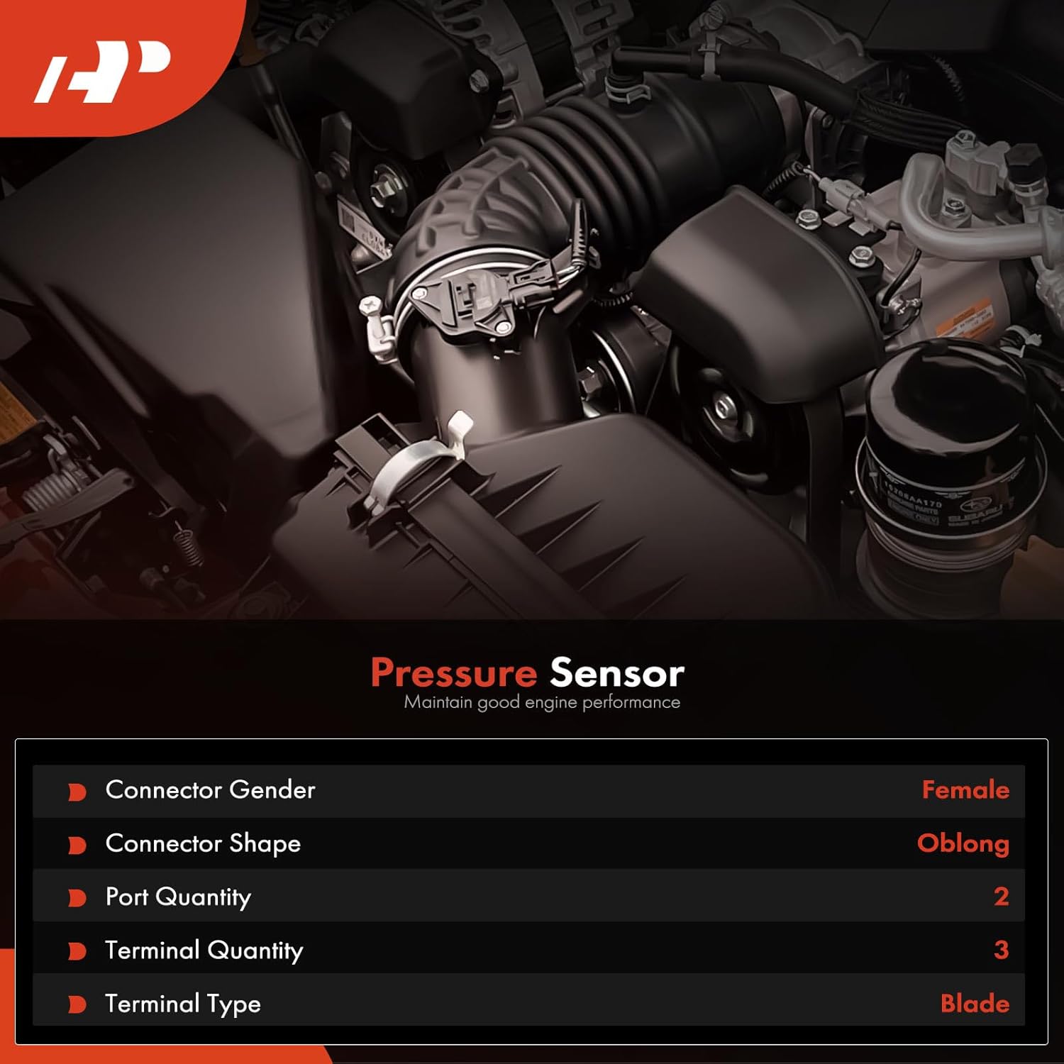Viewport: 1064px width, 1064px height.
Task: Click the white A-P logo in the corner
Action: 103,71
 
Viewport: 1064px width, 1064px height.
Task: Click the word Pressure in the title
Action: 453,672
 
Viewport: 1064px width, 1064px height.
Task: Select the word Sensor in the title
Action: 616,672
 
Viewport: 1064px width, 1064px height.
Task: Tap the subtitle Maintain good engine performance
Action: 542,702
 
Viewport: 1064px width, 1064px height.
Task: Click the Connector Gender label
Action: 210,789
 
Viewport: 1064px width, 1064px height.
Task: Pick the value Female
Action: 965,789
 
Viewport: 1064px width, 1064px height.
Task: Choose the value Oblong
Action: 963,843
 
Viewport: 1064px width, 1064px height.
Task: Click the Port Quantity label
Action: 178,897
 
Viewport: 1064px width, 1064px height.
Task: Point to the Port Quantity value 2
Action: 1001,897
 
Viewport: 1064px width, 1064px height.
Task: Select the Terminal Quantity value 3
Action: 1001,950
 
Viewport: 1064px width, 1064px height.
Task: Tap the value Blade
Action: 975,1003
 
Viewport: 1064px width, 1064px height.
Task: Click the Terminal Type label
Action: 183,1003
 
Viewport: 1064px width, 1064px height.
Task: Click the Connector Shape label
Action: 203,843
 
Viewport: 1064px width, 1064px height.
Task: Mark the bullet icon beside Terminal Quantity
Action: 77,951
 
